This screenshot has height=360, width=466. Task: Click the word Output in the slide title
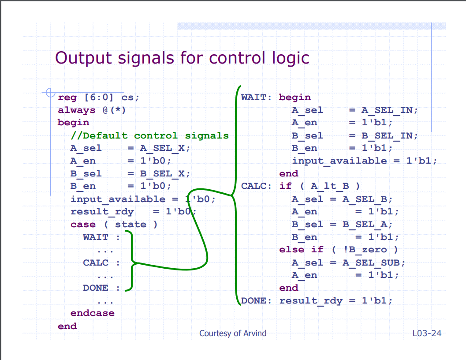(x=84, y=58)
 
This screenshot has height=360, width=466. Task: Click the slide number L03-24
(x=427, y=333)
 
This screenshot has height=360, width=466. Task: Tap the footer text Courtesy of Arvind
(x=233, y=334)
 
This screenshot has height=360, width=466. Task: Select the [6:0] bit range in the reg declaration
(x=99, y=97)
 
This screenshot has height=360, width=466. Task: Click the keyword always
(x=77, y=110)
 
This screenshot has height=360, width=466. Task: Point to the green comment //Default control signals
(x=150, y=136)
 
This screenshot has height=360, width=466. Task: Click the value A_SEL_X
(x=162, y=148)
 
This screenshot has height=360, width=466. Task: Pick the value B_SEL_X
(x=162, y=174)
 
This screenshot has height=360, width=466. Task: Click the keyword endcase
(x=93, y=313)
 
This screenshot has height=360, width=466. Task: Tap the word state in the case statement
(x=131, y=224)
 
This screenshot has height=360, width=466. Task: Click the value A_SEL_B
(x=365, y=199)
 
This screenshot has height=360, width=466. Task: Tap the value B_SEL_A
(x=365, y=225)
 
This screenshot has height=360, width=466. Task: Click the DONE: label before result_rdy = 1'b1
(x=256, y=300)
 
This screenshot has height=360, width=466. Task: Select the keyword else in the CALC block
(x=292, y=249)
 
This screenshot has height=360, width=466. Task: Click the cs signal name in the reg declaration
(x=128, y=97)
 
